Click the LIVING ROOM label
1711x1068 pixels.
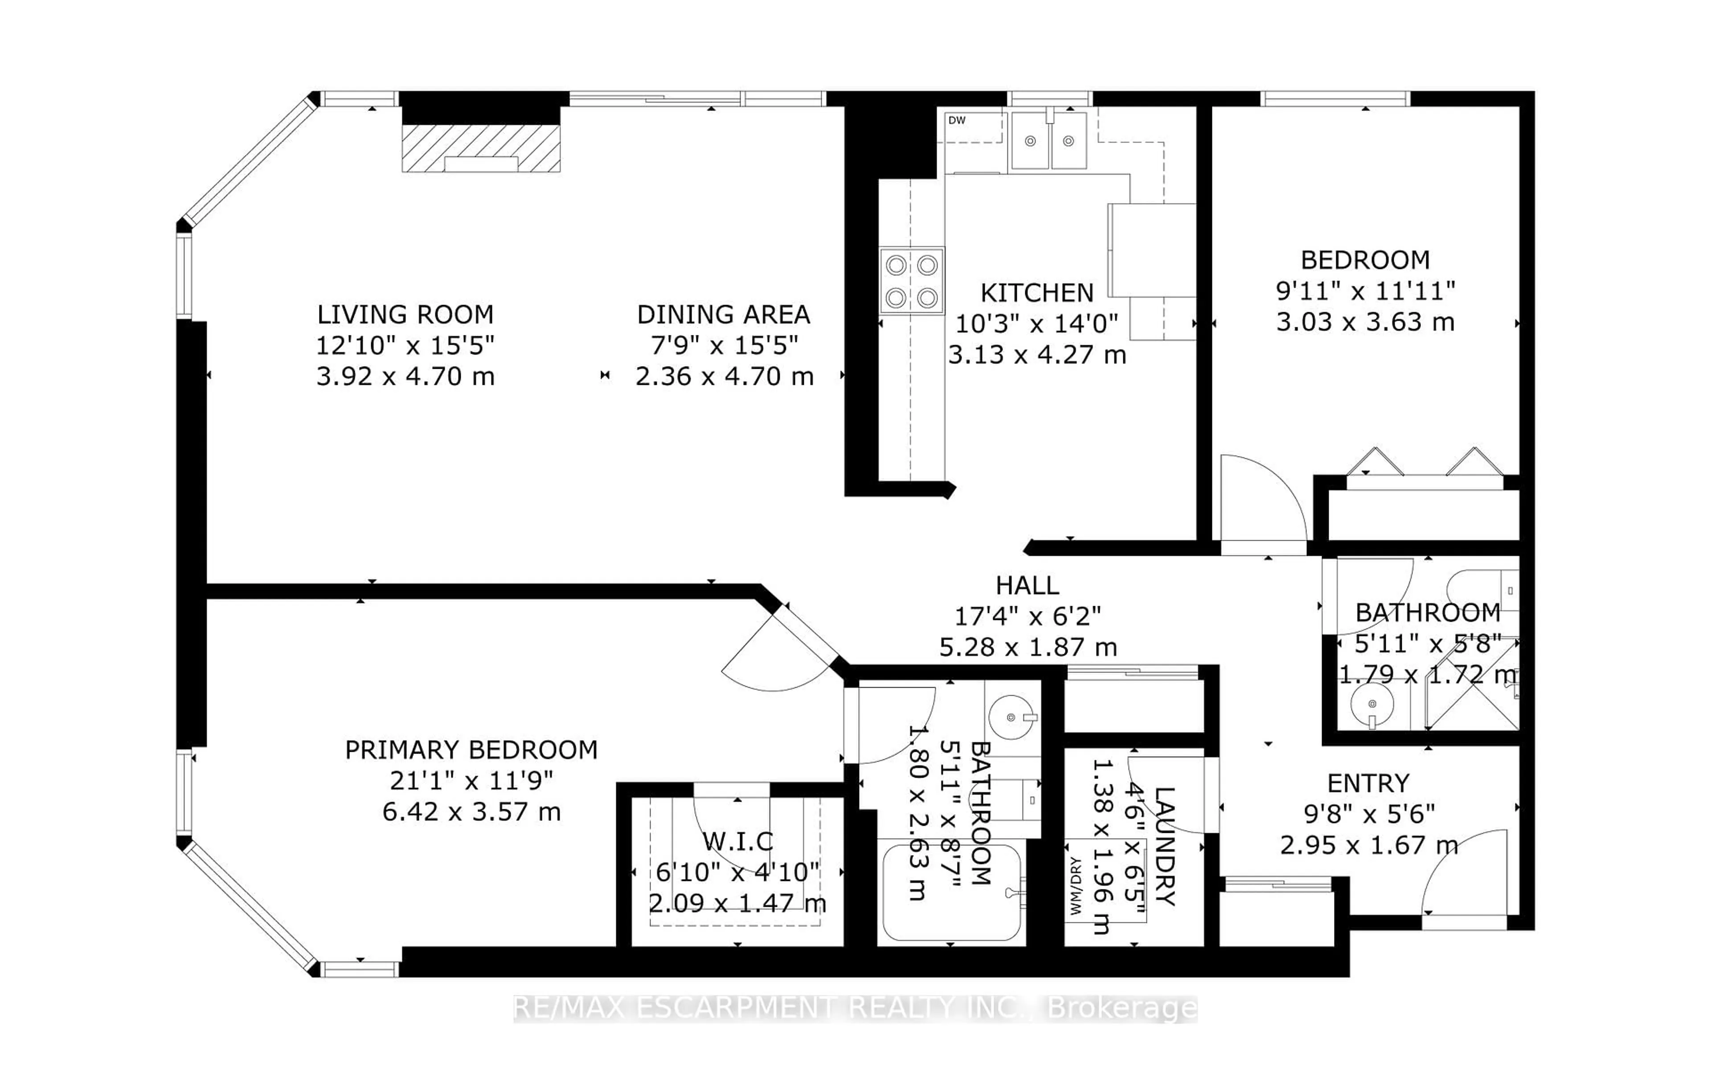point(405,314)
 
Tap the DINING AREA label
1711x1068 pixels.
point(724,314)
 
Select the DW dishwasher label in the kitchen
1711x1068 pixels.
point(957,121)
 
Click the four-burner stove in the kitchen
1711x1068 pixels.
point(911,281)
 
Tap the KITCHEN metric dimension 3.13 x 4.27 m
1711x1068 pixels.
point(1036,355)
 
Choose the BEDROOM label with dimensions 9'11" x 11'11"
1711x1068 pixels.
point(1365,260)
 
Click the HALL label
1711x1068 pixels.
point(1027,586)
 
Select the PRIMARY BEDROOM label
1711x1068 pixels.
point(471,750)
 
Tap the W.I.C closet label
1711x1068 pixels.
point(737,841)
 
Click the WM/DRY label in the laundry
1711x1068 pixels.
point(1076,886)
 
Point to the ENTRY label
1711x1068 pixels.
point(1367,783)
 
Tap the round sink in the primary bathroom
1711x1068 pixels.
point(1011,717)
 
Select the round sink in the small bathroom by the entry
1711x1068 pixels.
point(1371,704)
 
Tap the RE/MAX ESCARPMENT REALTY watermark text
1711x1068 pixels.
point(855,1009)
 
